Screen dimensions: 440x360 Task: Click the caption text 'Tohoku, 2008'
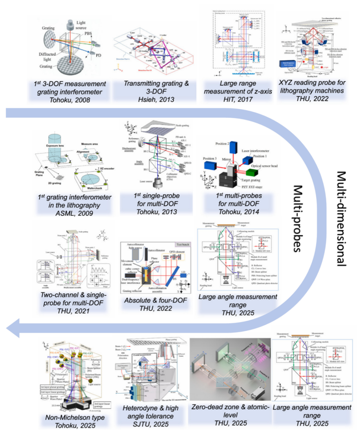(70, 100)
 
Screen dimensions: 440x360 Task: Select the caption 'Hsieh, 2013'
(156, 99)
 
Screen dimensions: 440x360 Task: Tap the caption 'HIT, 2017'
(238, 99)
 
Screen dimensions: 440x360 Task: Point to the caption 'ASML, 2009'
(74, 213)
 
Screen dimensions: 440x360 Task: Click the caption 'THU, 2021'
(73, 311)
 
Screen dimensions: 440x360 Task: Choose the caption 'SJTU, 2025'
(150, 424)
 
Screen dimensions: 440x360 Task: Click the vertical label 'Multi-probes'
(297, 218)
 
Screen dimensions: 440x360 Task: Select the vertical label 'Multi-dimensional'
(341, 218)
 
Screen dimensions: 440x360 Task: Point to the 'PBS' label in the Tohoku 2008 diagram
(88, 34)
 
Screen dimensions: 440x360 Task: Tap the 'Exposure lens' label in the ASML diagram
(55, 146)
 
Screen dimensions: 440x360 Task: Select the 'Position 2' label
(222, 144)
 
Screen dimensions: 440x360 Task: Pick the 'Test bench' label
(183, 245)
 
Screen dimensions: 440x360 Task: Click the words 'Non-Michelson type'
(75, 418)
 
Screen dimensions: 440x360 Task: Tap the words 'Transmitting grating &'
(156, 84)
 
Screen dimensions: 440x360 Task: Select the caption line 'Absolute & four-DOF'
(155, 300)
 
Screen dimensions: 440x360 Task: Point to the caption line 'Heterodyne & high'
(150, 408)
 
